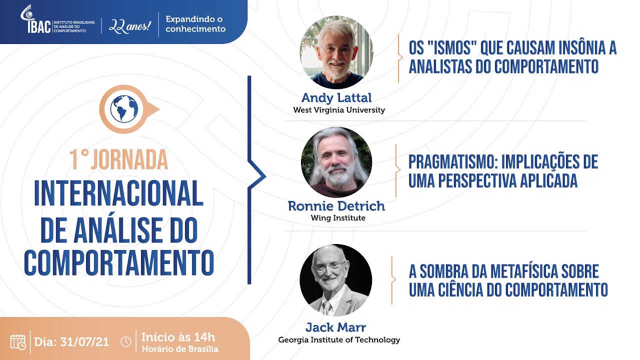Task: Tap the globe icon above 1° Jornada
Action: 124,108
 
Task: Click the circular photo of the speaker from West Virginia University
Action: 336,52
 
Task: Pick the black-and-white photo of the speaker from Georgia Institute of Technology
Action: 336,280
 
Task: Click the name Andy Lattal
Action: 336,98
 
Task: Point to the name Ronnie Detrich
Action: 336,206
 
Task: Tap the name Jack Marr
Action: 336,328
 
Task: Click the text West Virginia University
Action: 338,110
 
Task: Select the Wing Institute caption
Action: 338,218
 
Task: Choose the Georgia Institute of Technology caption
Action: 339,340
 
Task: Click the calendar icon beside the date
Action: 18,341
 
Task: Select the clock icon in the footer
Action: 126,342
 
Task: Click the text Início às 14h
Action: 178,336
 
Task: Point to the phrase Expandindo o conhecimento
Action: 195,24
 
